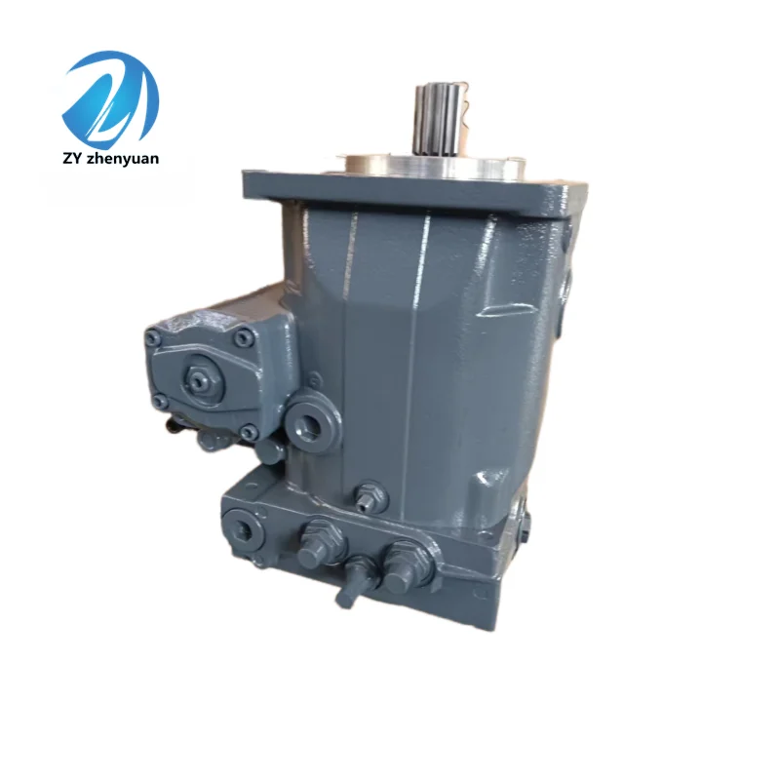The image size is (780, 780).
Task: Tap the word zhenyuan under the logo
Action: click(122, 159)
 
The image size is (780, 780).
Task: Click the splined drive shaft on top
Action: click(438, 119)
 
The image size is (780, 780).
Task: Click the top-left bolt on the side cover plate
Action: click(153, 338)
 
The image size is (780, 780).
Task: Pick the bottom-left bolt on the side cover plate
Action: click(160, 401)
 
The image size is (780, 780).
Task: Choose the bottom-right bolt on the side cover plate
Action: click(249, 432)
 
